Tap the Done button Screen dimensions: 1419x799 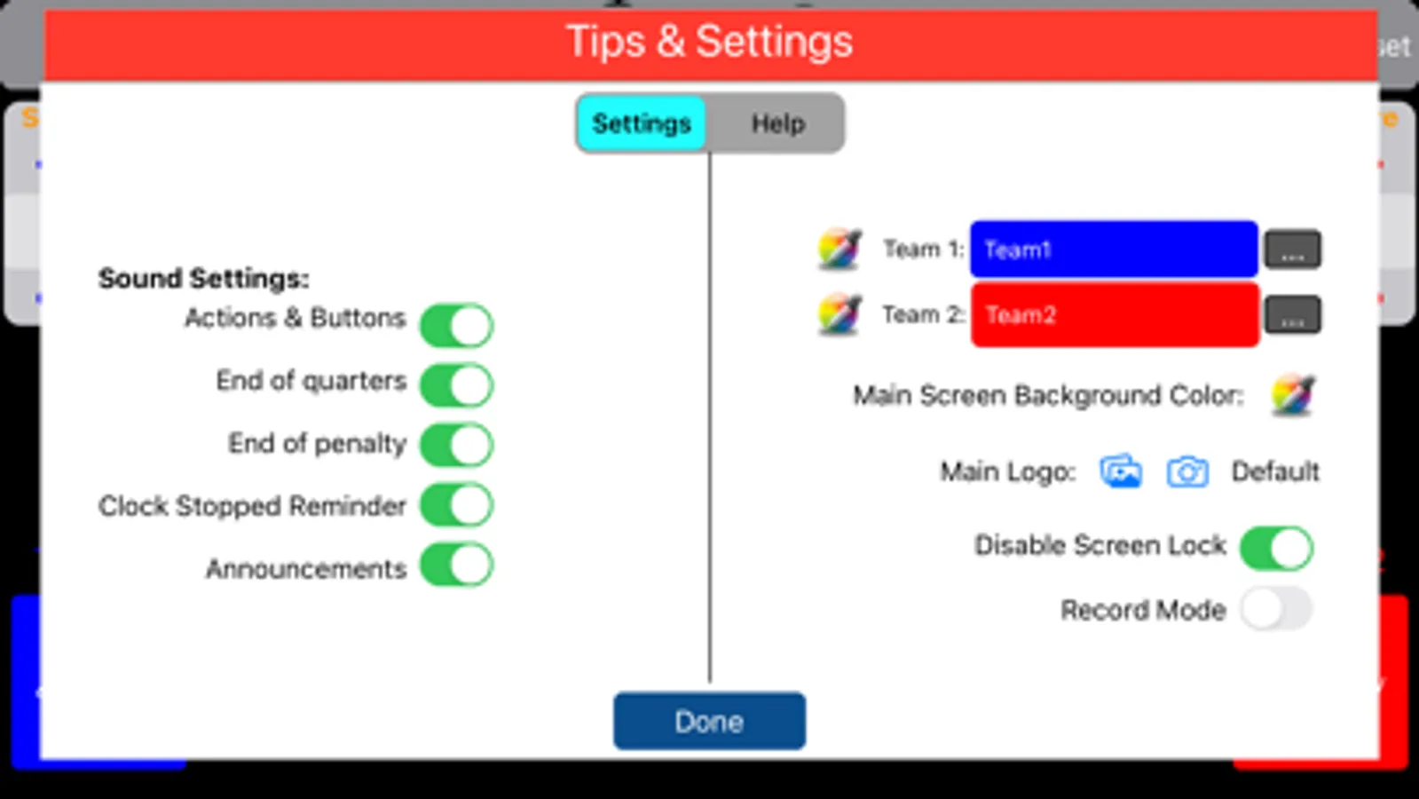[x=710, y=721]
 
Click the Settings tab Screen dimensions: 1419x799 [x=641, y=123]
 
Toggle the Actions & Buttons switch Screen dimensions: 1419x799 [x=457, y=325]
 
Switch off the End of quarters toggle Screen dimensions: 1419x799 [x=457, y=384]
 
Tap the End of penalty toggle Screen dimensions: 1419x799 [x=457, y=445]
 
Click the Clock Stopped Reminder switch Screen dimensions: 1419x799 [x=457, y=505]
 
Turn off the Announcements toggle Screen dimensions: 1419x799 [x=457, y=565]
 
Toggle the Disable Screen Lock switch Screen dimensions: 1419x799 [x=1276, y=548]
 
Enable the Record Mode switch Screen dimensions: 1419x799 [x=1276, y=609]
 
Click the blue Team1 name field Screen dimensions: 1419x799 [x=1114, y=249]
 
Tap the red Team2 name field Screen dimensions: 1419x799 [x=1115, y=315]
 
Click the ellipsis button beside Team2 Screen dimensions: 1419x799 [x=1292, y=314]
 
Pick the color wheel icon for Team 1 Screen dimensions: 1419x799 [x=840, y=249]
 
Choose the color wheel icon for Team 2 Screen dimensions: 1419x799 [x=840, y=313]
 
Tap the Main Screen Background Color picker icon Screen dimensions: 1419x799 [x=1293, y=395]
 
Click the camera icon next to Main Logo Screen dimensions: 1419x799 [x=1187, y=472]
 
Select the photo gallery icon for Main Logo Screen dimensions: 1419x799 [x=1121, y=471]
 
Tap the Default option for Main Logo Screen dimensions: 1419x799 [x=1275, y=472]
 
